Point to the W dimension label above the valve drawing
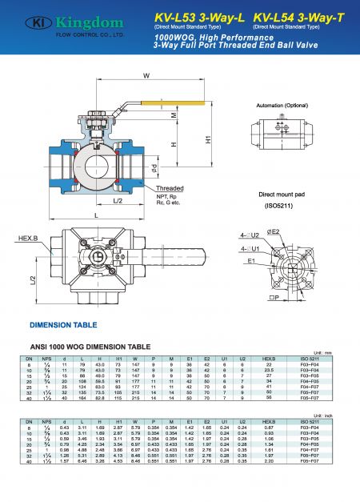click(146, 76)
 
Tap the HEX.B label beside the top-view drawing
click(26, 238)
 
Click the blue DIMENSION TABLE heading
click(63, 326)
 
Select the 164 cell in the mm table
click(83, 397)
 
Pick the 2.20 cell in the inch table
click(269, 463)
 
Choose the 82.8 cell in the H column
click(102, 397)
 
